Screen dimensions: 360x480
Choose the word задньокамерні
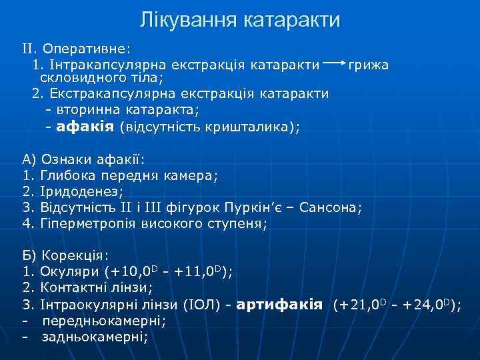[x=94, y=337]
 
